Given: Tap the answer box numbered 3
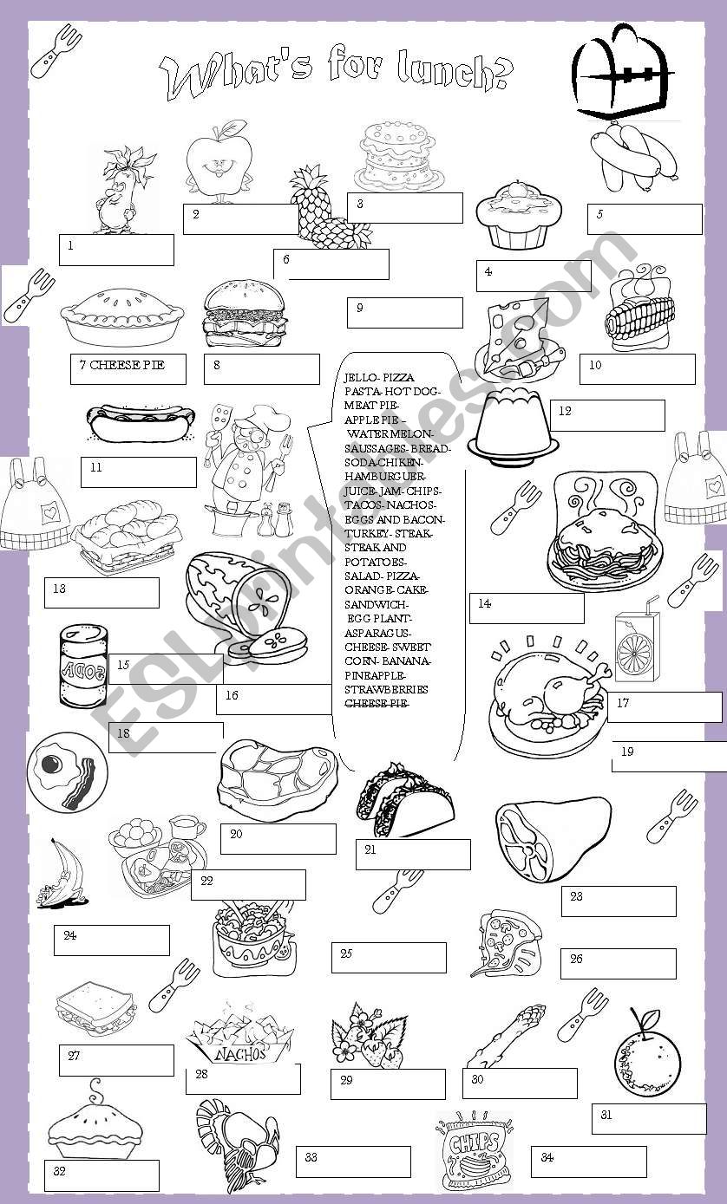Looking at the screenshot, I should tap(405, 208).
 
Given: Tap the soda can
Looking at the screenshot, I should tap(82, 668).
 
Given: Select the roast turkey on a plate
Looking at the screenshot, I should tap(545, 698).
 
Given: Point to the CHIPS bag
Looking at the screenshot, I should tap(474, 1149).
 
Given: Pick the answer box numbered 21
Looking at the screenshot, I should tap(413, 854).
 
